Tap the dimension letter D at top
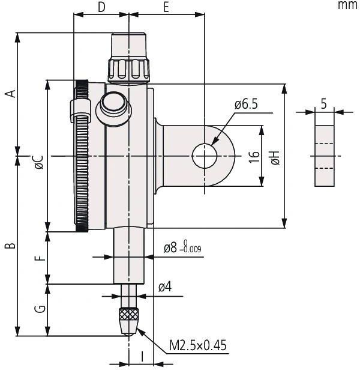[x=101, y=7]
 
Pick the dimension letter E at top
[x=166, y=7]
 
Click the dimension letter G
[x=39, y=309]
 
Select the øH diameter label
[x=275, y=158]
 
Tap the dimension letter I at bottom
[x=142, y=356]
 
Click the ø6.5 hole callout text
[x=246, y=105]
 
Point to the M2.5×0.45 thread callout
[x=198, y=345]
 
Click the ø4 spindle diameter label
[x=165, y=288]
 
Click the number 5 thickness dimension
[x=324, y=103]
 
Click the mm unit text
[x=347, y=5]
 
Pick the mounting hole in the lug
[x=205, y=156]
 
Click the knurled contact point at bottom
[x=128, y=317]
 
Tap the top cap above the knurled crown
[x=128, y=45]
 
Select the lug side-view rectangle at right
[x=324, y=156]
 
